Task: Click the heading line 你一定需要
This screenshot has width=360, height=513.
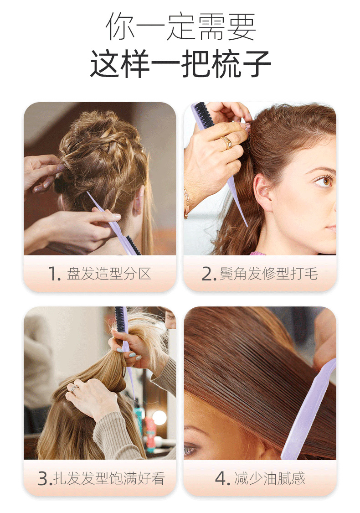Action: [x=180, y=27]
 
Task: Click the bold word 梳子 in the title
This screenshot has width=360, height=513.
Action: [x=241, y=64]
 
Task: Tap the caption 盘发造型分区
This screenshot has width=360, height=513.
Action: [x=109, y=274]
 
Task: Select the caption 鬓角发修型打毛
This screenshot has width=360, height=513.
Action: [x=269, y=274]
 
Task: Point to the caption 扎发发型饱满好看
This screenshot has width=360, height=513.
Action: [x=109, y=478]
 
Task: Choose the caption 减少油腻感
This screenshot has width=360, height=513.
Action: [x=270, y=478]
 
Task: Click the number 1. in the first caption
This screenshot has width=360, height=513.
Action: [x=54, y=274]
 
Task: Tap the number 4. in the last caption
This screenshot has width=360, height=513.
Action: [x=222, y=478]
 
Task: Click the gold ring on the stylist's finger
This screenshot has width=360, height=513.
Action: [x=226, y=142]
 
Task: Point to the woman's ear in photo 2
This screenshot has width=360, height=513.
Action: [x=262, y=192]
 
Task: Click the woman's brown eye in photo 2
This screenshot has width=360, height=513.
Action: [x=324, y=181]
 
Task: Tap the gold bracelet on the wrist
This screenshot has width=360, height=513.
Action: [x=186, y=203]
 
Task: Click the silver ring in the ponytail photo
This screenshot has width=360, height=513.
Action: [x=75, y=389]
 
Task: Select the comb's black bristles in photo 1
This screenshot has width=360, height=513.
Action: [x=134, y=245]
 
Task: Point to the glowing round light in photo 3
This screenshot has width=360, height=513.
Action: [x=159, y=417]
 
